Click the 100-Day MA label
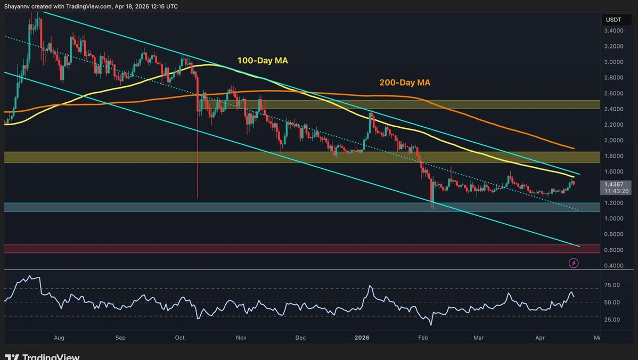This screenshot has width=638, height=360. click(x=262, y=61)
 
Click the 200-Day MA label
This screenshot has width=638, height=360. click(x=404, y=83)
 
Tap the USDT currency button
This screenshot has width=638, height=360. click(x=614, y=20)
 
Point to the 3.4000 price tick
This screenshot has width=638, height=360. click(x=614, y=31)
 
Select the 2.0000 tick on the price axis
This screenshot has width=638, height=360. click(x=614, y=141)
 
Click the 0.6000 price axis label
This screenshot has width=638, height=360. click(x=614, y=250)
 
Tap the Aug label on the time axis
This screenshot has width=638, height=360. click(x=59, y=337)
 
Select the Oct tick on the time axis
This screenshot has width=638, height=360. click(x=179, y=337)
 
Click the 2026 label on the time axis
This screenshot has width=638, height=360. click(x=362, y=337)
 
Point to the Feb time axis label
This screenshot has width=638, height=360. click(x=423, y=337)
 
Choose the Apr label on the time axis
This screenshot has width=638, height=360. click(x=540, y=337)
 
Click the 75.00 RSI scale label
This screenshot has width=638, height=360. click(x=612, y=285)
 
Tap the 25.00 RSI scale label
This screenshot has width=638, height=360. click(x=612, y=320)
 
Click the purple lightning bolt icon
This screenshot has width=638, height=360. click(x=574, y=263)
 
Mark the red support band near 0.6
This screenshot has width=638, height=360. click(x=298, y=249)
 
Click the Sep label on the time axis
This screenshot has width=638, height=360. click(x=120, y=337)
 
